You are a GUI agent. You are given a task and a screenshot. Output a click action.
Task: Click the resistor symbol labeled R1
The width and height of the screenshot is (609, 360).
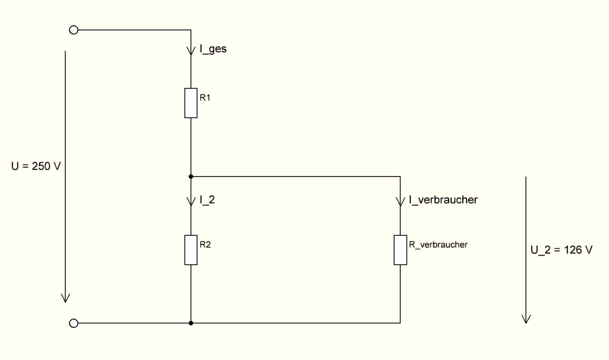191,103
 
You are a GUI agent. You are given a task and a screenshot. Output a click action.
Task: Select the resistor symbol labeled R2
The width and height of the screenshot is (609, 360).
191,250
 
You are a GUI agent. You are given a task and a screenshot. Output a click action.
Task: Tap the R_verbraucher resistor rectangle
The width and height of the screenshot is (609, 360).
400,250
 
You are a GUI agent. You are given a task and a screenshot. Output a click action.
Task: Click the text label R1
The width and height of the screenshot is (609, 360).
205,98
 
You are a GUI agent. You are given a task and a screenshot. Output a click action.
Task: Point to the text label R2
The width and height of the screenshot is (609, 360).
205,245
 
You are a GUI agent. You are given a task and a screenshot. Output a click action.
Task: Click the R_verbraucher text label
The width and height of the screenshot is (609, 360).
438,245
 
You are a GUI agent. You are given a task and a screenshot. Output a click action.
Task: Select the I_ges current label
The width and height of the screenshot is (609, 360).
213,49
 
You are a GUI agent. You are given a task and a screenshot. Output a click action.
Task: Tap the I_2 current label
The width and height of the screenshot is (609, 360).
207,200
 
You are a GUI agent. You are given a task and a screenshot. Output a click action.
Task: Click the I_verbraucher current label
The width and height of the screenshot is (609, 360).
443,200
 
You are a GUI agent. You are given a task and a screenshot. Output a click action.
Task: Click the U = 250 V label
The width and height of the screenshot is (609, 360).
36,166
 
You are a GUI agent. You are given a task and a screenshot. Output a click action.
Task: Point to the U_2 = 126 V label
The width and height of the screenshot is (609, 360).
561,250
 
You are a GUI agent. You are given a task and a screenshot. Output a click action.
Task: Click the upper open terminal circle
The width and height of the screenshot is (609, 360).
74,30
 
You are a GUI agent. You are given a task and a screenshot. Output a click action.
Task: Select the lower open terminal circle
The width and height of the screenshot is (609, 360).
74,323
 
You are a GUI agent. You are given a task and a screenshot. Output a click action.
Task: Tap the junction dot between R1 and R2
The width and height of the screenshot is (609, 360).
191,177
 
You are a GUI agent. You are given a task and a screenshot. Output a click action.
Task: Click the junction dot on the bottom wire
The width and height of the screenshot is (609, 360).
191,323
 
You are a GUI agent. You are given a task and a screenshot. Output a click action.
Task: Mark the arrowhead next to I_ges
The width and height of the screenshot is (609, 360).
191,51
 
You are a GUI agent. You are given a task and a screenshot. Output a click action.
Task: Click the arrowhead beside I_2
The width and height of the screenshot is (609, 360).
191,202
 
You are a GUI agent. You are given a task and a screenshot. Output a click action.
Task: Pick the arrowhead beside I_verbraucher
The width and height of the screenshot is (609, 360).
400,202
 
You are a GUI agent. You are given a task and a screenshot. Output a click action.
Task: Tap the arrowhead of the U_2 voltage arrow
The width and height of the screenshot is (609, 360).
526,319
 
